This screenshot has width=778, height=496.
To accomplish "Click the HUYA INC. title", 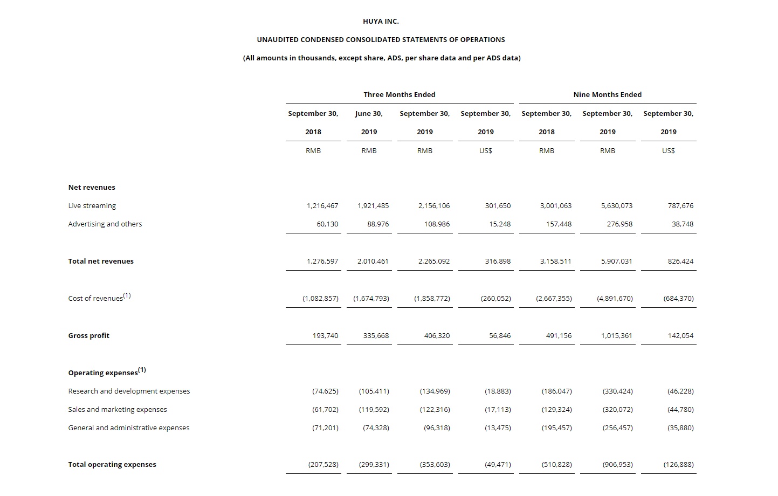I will (381, 22).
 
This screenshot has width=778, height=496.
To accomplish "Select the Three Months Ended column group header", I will (399, 94).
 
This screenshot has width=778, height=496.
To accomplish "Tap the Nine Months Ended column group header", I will (607, 94).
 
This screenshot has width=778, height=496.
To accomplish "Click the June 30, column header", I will (369, 113).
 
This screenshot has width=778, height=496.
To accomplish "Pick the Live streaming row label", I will (92, 205).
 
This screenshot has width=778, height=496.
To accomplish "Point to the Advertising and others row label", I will (105, 224).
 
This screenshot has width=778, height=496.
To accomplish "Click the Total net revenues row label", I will (101, 261).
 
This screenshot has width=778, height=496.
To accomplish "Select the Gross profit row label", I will (89, 335).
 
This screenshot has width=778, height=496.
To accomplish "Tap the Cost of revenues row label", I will (95, 298).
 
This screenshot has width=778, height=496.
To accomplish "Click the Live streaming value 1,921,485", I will (373, 205).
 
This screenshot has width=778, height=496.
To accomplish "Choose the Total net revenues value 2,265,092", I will (434, 261).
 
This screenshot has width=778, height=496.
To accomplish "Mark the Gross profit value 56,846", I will (500, 335).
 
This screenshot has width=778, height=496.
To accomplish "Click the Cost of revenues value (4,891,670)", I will (615, 298).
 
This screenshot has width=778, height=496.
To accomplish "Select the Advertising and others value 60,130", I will (327, 224).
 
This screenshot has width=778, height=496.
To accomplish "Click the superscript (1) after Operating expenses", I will (142, 370).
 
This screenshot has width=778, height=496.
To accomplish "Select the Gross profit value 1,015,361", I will (617, 335).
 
